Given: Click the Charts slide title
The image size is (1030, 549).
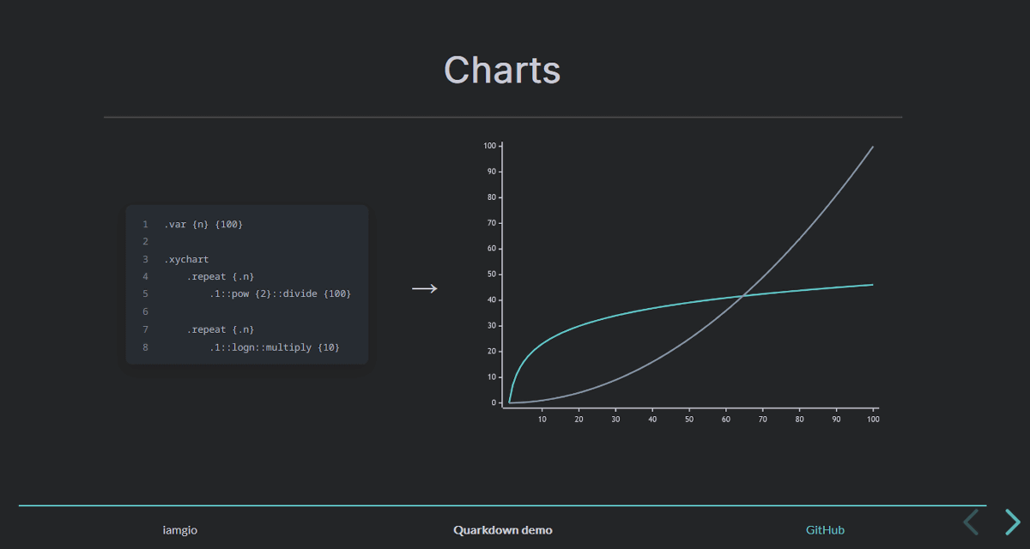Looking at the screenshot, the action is pos(502,69).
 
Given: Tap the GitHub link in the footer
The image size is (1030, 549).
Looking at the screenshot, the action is pos(825,530).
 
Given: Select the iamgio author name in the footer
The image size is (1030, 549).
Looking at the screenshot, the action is pos(179,530).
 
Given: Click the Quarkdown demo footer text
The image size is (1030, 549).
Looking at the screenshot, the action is pos(503,530).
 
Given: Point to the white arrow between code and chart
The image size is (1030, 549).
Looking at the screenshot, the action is pos(424,288).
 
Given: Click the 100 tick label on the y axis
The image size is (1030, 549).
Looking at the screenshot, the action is pos(490,146).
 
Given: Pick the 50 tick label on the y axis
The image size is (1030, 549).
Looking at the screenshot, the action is pos(492,274).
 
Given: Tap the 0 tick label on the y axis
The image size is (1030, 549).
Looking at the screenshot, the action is pos(494,403).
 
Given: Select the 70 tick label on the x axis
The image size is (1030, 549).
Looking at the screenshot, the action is pos(763,419).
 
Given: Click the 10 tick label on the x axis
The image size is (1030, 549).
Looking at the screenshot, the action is pos(542,419).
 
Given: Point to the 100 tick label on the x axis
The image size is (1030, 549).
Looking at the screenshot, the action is pos(873,419).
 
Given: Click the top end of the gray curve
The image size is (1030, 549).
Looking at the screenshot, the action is pos(873,147).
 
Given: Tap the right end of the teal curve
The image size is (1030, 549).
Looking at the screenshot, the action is pos(873,285).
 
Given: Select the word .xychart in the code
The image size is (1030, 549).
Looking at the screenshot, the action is pos(186,260).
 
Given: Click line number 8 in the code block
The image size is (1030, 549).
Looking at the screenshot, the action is pos(145,347).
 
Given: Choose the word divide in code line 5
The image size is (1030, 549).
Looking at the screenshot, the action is pos(300,293).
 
